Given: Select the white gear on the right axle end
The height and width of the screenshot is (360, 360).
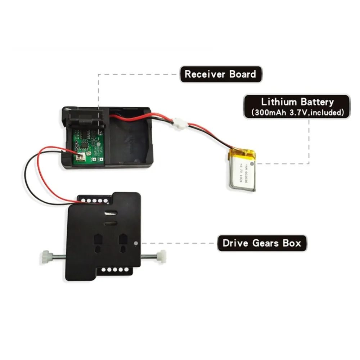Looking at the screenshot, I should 161,256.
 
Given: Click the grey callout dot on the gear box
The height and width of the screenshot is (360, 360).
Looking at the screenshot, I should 135,243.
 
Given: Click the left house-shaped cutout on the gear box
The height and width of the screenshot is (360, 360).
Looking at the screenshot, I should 97,243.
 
